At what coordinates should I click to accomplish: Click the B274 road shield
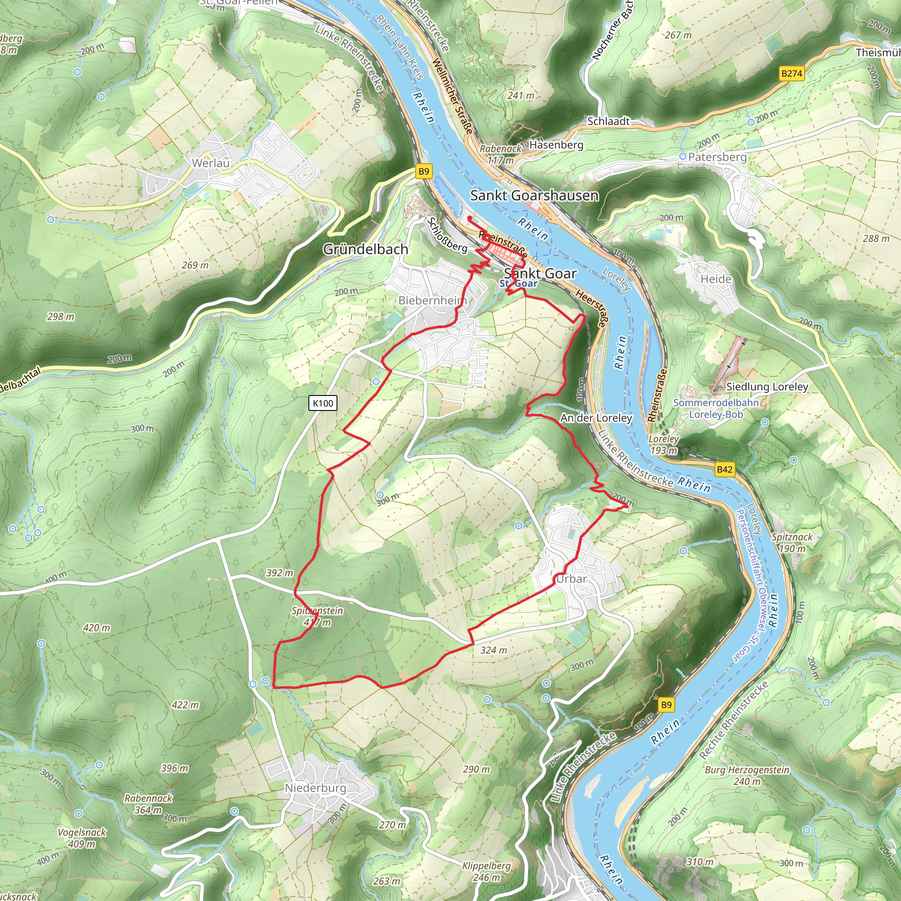click(791, 73)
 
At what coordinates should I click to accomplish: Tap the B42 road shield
click(724, 469)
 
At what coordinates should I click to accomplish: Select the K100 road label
click(323, 403)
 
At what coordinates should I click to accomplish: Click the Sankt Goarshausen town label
click(534, 195)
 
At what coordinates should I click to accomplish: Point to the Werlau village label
click(211, 163)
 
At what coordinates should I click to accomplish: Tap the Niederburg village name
click(316, 787)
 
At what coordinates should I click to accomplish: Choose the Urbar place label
click(571, 579)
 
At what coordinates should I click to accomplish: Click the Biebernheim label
click(432, 300)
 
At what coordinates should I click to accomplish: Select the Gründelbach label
click(366, 249)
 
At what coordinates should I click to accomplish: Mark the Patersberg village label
click(717, 157)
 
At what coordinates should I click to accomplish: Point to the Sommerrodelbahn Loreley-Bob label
click(716, 408)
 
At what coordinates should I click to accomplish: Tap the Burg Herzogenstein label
click(747, 775)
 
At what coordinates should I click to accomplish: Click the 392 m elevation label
click(280, 573)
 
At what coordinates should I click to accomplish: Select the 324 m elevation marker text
click(494, 650)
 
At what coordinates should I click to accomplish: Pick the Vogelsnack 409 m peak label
click(82, 838)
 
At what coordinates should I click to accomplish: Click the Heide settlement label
click(716, 279)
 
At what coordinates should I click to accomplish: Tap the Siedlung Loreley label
click(767, 387)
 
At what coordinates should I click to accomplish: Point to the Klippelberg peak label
click(487, 871)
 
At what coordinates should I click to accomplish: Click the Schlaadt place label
click(608, 121)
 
